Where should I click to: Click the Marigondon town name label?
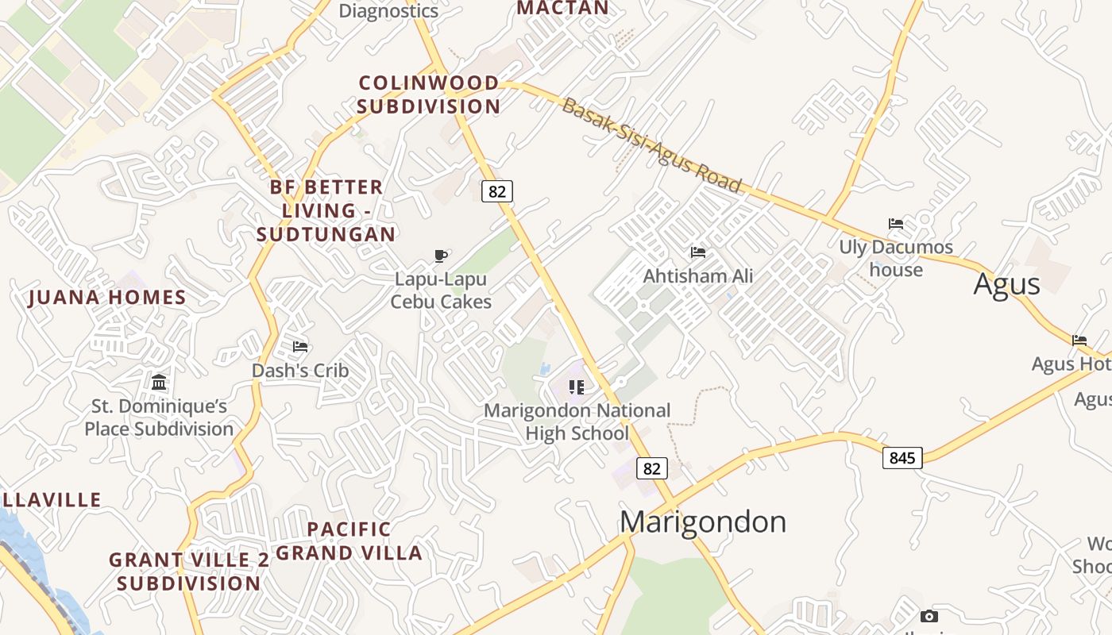[x=703, y=521]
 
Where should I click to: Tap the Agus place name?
[x=1006, y=283]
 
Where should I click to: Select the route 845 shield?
[x=902, y=457]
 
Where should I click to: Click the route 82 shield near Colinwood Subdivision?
[x=497, y=191]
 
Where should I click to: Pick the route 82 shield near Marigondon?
[x=651, y=468]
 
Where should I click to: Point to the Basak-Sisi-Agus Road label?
[x=651, y=145]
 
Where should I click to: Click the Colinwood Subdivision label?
[x=429, y=94]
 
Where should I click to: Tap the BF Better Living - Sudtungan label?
[x=326, y=210]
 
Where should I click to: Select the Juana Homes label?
[x=107, y=298]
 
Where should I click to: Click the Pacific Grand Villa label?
[x=349, y=541]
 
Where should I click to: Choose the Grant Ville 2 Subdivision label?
[x=189, y=571]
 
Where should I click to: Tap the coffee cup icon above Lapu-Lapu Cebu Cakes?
[x=441, y=256]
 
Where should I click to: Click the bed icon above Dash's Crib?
[x=300, y=346]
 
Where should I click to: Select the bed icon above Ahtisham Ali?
[x=698, y=252]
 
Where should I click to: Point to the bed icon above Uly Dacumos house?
[x=896, y=224]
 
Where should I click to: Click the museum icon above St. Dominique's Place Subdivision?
[x=159, y=382]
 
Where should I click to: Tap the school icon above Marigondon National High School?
[x=577, y=387]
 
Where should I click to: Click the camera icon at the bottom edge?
[x=929, y=616]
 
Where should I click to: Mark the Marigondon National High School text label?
[x=577, y=422]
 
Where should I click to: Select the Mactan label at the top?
[x=562, y=8]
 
